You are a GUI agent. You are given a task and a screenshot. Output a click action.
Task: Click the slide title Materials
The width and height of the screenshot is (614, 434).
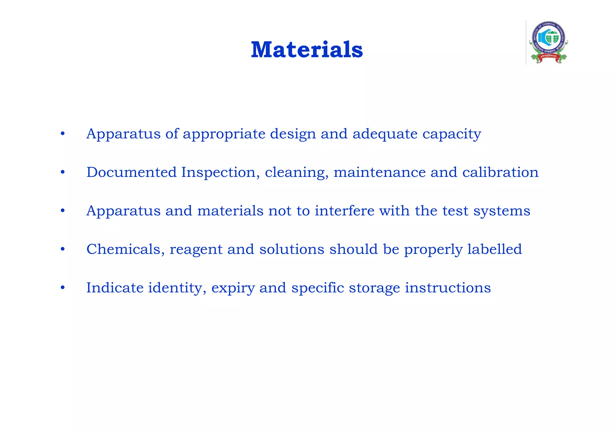tap(307, 49)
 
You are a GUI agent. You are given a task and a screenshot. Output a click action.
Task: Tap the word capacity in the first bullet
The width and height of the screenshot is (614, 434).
tap(452, 134)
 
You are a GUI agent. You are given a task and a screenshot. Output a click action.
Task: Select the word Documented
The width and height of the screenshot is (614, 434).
tap(131, 172)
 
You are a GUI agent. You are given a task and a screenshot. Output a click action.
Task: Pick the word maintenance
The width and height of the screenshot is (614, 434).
tap(379, 172)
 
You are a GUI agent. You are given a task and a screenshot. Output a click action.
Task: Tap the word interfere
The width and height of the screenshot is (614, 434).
tap(344, 211)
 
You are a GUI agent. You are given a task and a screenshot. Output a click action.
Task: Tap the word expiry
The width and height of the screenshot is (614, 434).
tap(233, 288)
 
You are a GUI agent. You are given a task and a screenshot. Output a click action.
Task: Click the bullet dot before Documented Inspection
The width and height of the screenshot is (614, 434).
tap(62, 172)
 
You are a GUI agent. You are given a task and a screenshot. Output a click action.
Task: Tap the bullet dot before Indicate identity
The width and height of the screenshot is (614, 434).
tap(62, 288)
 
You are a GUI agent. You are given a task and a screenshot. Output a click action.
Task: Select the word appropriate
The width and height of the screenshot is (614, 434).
tap(224, 134)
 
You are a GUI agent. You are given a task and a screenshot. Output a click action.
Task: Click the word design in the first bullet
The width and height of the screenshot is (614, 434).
tap(293, 134)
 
